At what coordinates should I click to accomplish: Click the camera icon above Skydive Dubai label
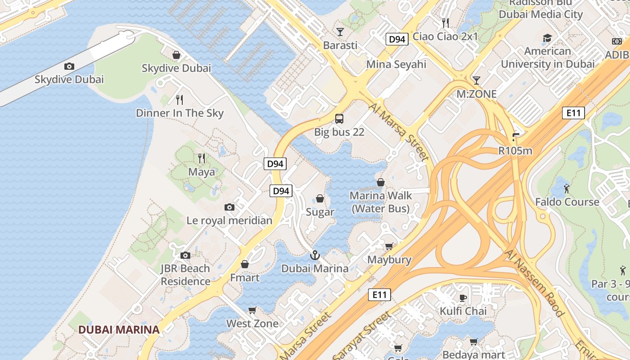coord(69,67)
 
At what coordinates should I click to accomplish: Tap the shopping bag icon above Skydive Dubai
coord(176,55)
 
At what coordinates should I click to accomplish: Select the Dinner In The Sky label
coord(180,113)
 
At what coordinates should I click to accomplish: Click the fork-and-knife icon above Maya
coord(202,158)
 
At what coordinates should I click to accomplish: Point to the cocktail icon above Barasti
coord(340,31)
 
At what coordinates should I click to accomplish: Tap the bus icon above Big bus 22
coord(339,119)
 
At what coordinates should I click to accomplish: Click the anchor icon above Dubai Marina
coord(315,255)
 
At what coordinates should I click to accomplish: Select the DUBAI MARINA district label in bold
coord(119,329)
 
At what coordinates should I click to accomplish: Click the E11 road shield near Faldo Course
coord(573,113)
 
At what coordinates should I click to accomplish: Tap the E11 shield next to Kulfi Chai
coord(379,295)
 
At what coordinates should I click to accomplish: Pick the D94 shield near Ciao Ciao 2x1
coord(396,40)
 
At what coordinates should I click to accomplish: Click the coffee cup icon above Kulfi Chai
coord(463,297)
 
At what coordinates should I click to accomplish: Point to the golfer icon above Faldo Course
coord(567,188)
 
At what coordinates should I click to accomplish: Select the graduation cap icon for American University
coord(547,38)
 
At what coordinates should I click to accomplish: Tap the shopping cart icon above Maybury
coord(389,246)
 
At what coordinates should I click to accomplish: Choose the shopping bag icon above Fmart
coord(245,264)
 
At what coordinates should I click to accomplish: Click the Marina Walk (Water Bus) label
coord(381,202)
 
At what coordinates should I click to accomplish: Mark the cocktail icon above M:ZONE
coord(476,81)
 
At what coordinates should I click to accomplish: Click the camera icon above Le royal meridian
coord(229,207)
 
